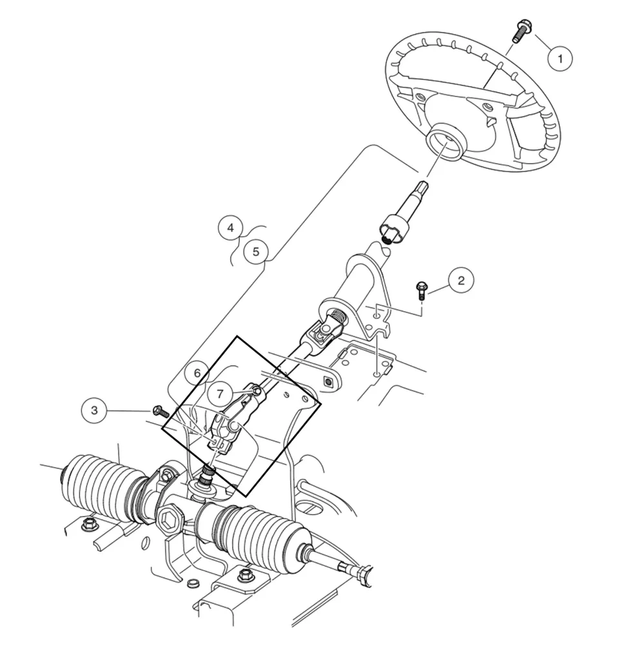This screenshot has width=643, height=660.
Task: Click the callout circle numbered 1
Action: [560, 59]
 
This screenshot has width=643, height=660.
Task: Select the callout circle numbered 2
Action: [460, 280]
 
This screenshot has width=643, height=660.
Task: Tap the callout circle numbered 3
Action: [95, 411]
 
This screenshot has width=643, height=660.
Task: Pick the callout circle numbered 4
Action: [230, 228]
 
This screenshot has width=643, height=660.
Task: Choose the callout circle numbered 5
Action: [256, 251]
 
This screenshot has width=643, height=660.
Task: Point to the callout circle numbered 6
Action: [197, 373]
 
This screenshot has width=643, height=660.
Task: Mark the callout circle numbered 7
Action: [220, 393]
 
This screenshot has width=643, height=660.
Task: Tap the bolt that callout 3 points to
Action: [159, 411]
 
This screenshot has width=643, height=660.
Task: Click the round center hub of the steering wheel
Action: [445, 142]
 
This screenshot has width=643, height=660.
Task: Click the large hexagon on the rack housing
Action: [170, 518]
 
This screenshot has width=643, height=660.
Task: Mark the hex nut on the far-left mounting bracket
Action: [89, 525]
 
